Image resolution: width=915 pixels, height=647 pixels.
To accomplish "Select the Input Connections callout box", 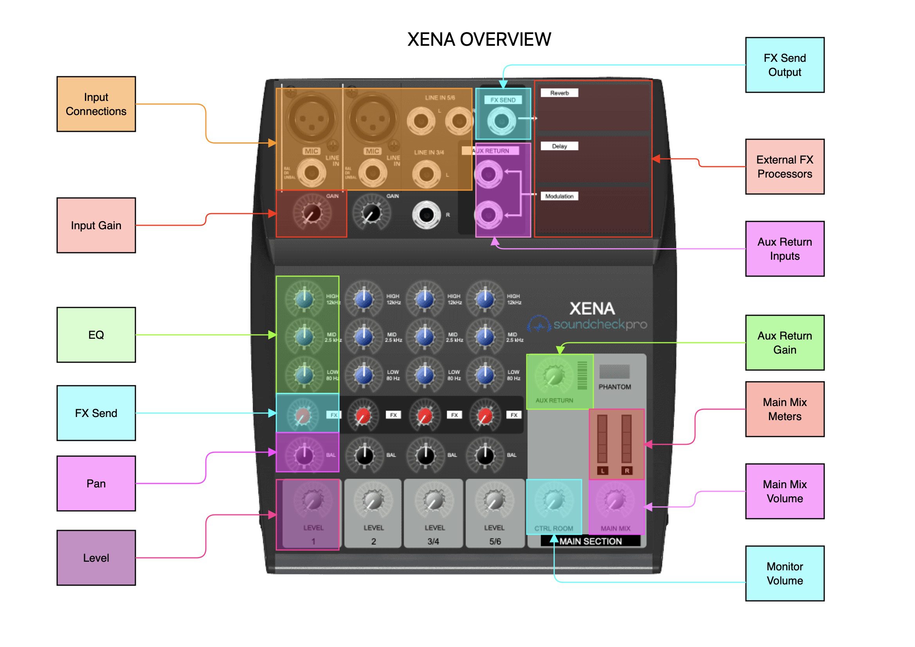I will coord(96,104).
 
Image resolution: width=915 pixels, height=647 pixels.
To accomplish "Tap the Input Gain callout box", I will coord(96,225).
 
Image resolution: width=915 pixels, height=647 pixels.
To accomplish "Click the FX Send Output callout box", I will coord(784,65).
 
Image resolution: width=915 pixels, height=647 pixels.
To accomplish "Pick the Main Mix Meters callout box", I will coord(784,409).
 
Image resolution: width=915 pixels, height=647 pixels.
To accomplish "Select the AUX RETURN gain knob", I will coord(553,376).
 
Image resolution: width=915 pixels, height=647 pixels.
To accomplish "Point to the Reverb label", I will coord(559,93).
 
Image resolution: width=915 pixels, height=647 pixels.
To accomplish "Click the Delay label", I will coord(559,146).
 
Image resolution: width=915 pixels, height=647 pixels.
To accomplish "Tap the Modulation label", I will coord(559,196).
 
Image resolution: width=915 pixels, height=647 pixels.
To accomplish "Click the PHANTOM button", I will coord(614,371).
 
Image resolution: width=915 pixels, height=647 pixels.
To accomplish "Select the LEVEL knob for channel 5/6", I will coord(495,500).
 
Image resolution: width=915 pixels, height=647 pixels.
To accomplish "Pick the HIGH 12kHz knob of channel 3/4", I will coord(424,299).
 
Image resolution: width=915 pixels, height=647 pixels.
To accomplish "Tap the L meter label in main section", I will coord(602,471).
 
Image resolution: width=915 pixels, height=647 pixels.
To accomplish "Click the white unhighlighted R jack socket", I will coord(426,215).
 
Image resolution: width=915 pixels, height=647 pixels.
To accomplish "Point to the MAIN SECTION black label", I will coord(590,541).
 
